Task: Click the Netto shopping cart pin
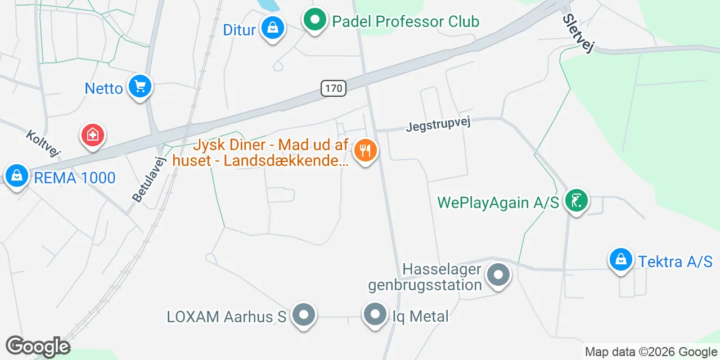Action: point(139,87)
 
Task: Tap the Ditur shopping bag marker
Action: point(273,28)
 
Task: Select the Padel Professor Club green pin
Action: point(316,21)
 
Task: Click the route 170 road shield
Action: point(334,88)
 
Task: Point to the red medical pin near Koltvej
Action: point(93,136)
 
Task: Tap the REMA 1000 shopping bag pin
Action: point(17,176)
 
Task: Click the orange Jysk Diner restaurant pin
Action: point(365,151)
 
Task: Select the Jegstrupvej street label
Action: point(438,124)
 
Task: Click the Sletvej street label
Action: point(578,33)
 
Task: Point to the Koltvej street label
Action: point(43,143)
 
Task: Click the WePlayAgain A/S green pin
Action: point(576,200)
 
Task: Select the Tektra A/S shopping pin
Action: point(621,260)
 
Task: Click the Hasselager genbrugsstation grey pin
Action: point(498,276)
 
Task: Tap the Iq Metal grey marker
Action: point(375,315)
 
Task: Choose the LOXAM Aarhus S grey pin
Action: point(304,315)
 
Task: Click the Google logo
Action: point(38,346)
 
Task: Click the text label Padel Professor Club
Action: point(406,22)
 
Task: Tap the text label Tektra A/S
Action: point(675,261)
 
